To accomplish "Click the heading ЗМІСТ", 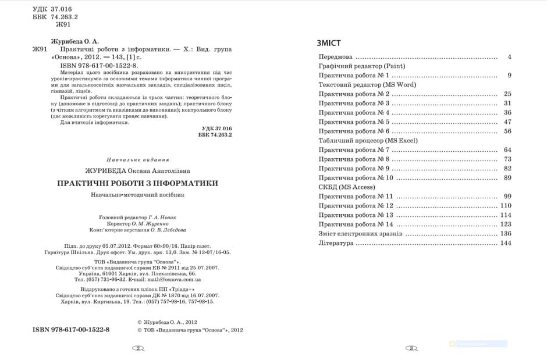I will [329, 43].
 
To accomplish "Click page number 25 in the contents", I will [507, 94].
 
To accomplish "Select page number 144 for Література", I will [505, 243].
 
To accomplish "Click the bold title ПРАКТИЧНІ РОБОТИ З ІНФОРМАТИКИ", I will [137, 183].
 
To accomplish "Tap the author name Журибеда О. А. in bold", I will [75, 42].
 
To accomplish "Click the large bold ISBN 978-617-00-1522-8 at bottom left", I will [71, 330].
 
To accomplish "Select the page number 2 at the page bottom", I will [138, 348].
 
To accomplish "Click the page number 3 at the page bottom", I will [410, 348].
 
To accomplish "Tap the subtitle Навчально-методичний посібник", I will [137, 195].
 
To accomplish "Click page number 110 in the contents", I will [505, 206].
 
